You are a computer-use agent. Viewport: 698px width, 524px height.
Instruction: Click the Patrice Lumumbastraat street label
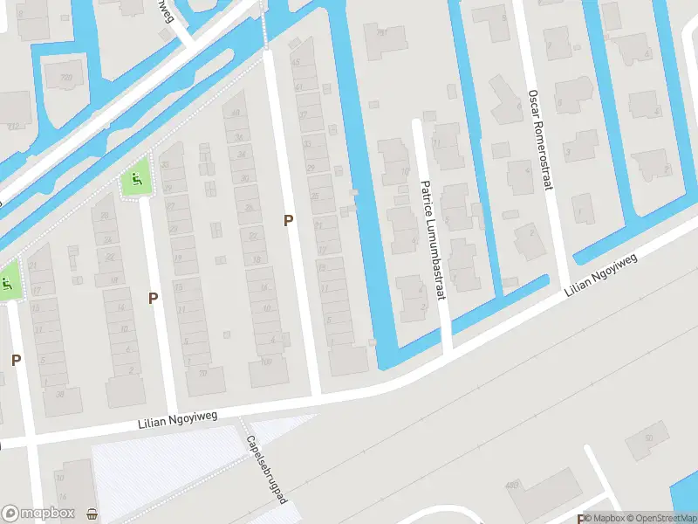(x=433, y=240)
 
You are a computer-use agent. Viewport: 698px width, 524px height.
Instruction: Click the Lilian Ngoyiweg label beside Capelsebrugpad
(x=177, y=422)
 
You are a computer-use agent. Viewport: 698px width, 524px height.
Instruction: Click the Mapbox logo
(x=38, y=514)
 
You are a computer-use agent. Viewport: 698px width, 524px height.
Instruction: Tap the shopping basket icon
(x=92, y=514)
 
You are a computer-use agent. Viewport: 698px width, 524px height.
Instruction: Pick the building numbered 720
(x=65, y=79)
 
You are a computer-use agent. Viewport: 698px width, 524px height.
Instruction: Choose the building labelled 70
(x=202, y=373)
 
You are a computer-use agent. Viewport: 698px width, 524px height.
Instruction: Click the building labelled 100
(x=267, y=361)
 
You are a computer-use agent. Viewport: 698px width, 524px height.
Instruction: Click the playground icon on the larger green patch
(x=135, y=182)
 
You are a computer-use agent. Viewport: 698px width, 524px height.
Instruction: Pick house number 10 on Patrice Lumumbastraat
(x=404, y=171)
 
